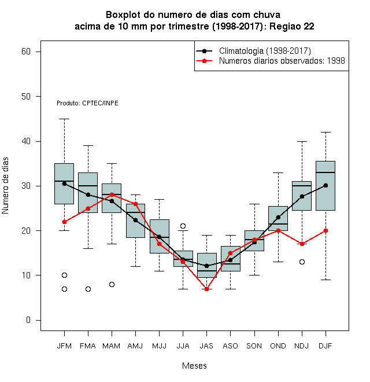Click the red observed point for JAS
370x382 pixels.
coord(206,289)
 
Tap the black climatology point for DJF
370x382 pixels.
coord(325,186)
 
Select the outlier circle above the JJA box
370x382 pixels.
coord(183,226)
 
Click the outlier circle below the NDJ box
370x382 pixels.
coord(302,262)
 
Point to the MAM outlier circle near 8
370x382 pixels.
coord(112,284)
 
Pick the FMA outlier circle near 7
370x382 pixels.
coord(88,289)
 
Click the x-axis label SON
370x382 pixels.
coord(254,346)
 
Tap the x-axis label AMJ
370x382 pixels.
coord(135,346)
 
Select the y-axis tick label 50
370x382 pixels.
coord(26,97)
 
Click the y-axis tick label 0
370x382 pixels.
coord(28,320)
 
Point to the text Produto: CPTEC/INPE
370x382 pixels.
coord(87,103)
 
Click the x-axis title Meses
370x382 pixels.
coord(194,366)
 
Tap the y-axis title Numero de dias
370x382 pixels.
coord(5,186)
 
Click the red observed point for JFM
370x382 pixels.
coord(64,222)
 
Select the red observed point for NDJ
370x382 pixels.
coord(302,244)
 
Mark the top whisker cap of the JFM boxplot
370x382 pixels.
coord(64,119)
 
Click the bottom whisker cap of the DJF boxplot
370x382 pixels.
coord(325,280)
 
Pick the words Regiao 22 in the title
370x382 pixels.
coord(291,26)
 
